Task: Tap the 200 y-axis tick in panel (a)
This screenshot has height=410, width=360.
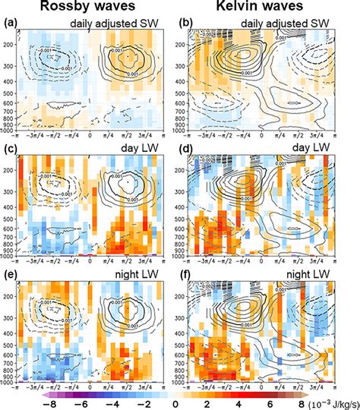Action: point(10,45)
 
